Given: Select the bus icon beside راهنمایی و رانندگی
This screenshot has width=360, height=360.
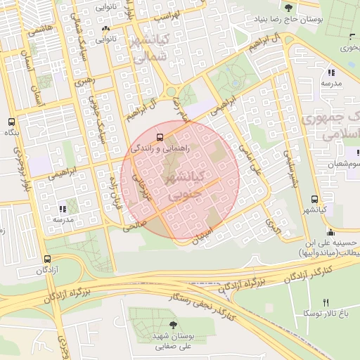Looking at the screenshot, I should pos(160,137).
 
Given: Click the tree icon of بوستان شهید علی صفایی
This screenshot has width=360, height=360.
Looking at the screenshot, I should pos(154,326).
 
